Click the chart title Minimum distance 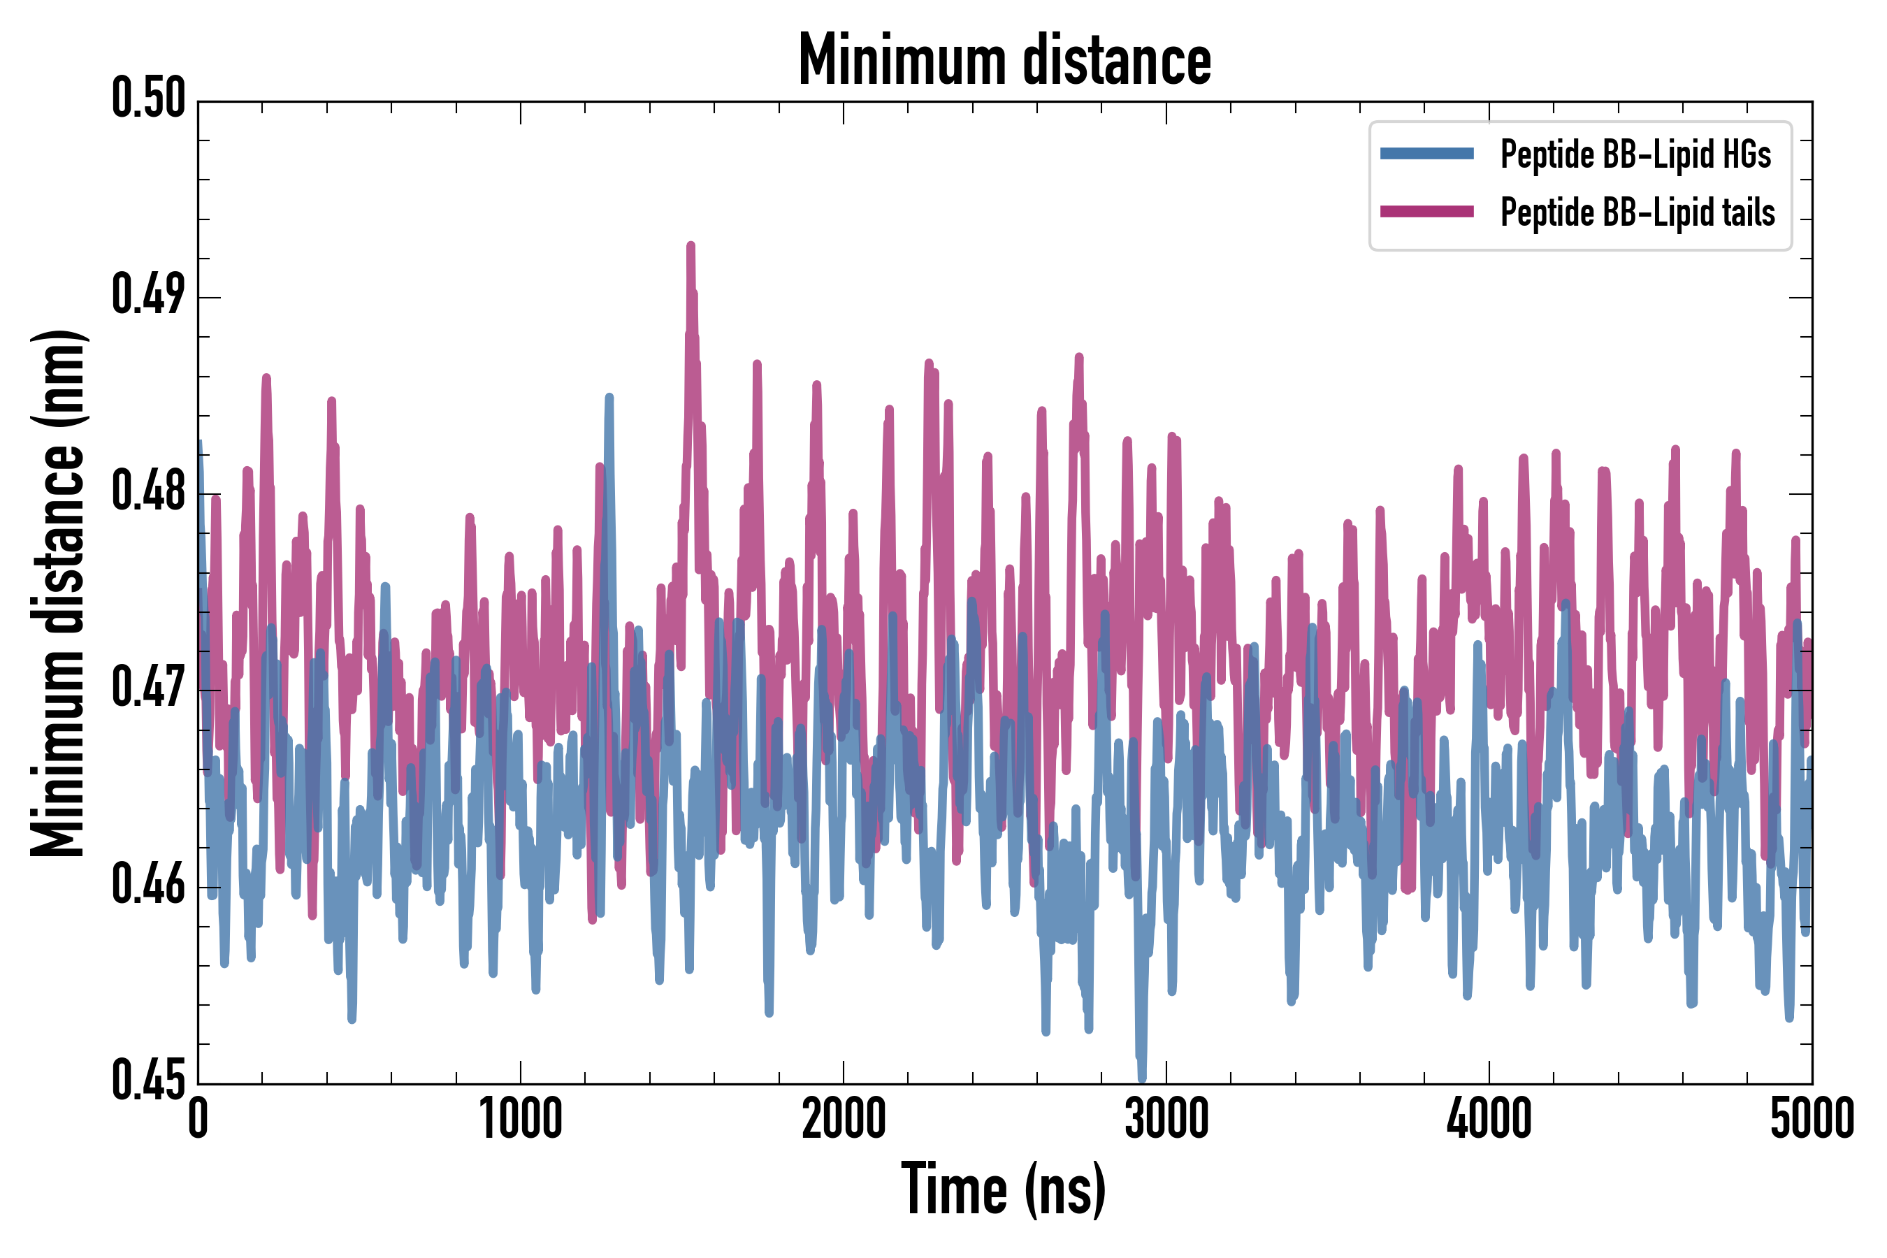tap(1004, 59)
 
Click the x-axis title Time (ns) tap(1004, 1189)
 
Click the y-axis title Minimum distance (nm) tap(58, 593)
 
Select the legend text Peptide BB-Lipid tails tap(1637, 212)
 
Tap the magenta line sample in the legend tap(1426, 212)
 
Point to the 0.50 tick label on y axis tap(148, 99)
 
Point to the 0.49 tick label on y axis tap(148, 295)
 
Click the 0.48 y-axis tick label tap(148, 492)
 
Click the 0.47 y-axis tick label tap(148, 688)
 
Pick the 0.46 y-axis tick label tap(148, 885)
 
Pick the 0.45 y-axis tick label tap(148, 1080)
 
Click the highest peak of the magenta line tap(691, 245)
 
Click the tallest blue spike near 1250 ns tap(609, 397)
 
